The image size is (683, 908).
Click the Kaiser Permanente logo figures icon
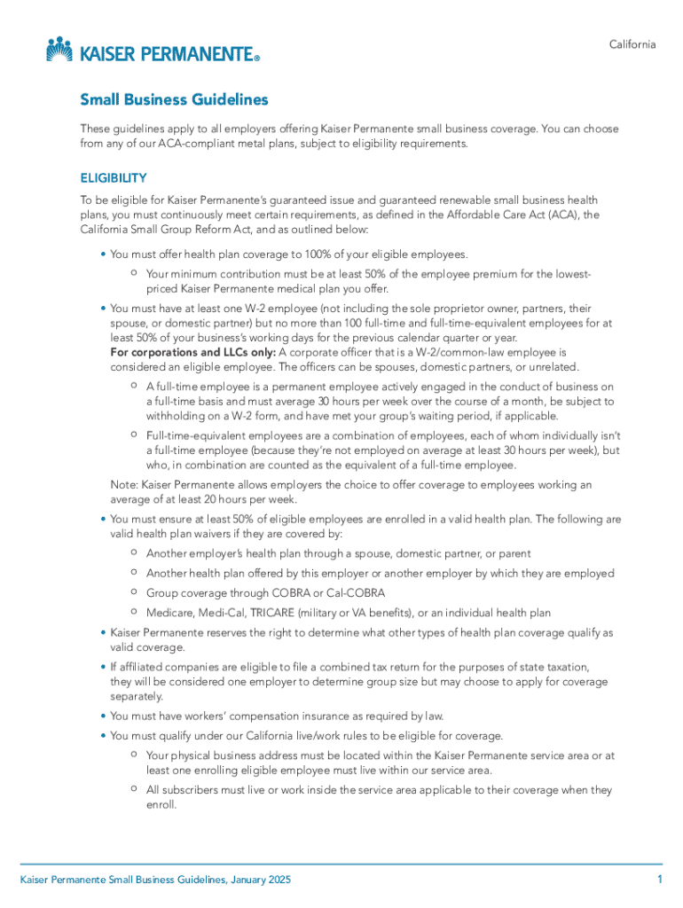(x=59, y=49)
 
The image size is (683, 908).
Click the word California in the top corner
(x=632, y=45)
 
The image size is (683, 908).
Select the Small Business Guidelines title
(x=174, y=100)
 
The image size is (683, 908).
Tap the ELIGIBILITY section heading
(x=114, y=177)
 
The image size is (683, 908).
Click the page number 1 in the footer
(x=660, y=880)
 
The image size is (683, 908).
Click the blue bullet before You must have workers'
(x=103, y=716)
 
